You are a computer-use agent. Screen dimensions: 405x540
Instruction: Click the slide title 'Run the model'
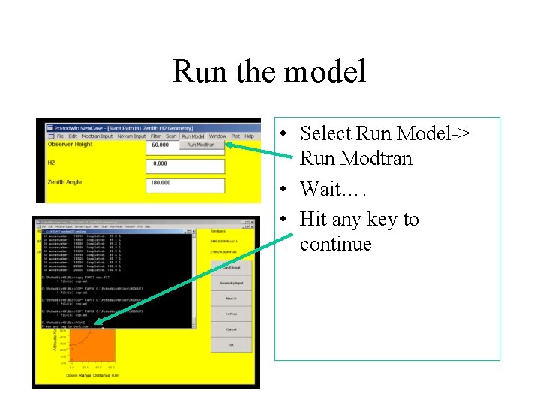(269, 72)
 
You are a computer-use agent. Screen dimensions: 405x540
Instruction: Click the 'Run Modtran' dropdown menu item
(201, 145)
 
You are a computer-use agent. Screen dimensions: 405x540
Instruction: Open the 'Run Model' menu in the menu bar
(193, 136)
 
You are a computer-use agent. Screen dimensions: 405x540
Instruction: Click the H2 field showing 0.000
(185, 163)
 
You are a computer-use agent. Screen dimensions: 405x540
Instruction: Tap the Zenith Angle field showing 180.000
(185, 183)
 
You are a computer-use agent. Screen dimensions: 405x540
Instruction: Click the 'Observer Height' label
(70, 145)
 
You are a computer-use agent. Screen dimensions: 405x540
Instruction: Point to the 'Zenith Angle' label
(64, 182)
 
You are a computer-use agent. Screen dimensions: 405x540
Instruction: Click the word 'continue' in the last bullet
(335, 244)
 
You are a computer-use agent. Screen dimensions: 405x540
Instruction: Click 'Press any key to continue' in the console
(65, 326)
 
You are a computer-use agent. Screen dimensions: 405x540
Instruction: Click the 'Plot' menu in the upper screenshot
(235, 136)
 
